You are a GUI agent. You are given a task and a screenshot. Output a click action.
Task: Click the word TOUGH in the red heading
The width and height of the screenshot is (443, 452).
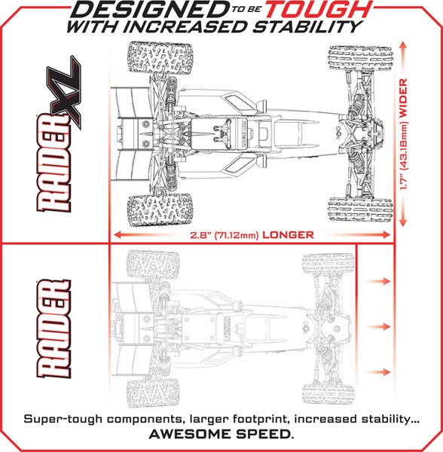pyautogui.click(x=319, y=10)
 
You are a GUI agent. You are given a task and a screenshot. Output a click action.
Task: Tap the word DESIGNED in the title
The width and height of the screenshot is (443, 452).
pyautogui.click(x=151, y=10)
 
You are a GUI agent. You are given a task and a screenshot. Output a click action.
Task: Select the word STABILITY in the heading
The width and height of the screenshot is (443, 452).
pyautogui.click(x=307, y=27)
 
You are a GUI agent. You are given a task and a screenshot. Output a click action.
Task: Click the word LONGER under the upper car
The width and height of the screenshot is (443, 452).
pyautogui.click(x=288, y=235)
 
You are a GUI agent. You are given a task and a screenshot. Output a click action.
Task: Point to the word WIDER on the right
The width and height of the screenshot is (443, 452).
pyautogui.click(x=403, y=97)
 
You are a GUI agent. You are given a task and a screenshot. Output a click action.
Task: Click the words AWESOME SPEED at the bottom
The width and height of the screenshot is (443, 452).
pyautogui.click(x=220, y=434)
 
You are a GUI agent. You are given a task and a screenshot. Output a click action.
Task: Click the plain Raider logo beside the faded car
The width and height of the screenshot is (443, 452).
pyautogui.click(x=54, y=328)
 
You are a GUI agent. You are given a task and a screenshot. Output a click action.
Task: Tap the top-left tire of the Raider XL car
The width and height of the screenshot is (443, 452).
pyautogui.click(x=160, y=57)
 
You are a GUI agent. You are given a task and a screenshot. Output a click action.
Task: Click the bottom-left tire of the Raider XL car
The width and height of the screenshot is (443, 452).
pyautogui.click(x=160, y=210)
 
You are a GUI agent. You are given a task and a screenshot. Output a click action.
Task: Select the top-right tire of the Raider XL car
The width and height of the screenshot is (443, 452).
pyautogui.click(x=360, y=58)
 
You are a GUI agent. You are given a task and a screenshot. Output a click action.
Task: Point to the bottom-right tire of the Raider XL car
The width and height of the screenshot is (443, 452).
pyautogui.click(x=360, y=209)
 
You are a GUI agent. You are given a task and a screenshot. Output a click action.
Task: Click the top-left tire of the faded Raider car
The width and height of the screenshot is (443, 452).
pyautogui.click(x=153, y=264)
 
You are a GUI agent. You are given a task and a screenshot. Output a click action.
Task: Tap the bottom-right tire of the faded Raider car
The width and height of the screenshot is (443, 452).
pyautogui.click(x=328, y=393)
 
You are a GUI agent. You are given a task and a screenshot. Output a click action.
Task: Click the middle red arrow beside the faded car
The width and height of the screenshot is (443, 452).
pyautogui.click(x=377, y=327)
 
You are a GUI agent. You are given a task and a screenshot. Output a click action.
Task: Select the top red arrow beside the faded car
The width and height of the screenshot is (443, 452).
pyautogui.click(x=377, y=281)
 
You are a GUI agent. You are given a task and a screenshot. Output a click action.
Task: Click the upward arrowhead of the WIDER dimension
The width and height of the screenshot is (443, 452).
pyautogui.click(x=403, y=45)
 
